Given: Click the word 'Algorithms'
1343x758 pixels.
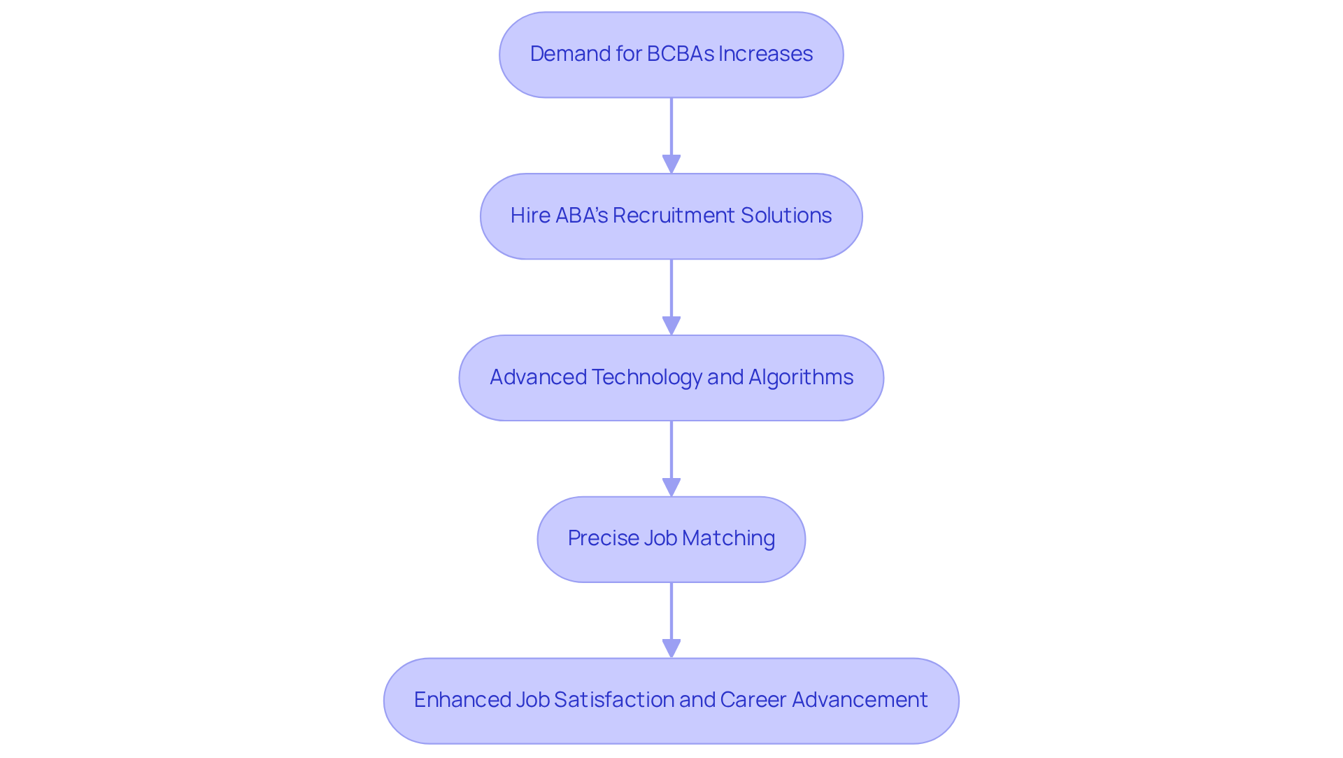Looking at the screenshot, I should (800, 377).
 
